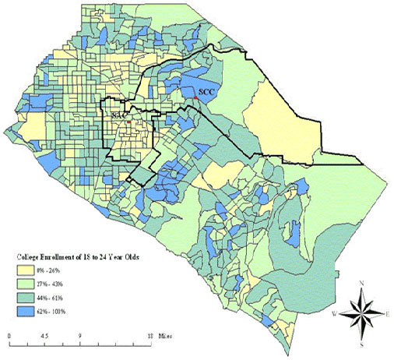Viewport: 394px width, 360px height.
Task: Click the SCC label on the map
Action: point(206,91)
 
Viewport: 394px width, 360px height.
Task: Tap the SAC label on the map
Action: point(118,115)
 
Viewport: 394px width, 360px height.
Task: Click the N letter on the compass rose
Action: point(360,282)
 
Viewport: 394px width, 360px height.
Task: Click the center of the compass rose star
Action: point(360,313)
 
